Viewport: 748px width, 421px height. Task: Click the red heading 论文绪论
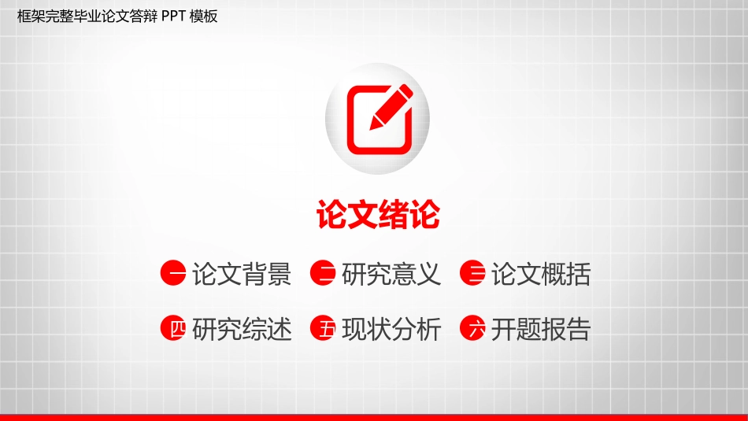point(378,215)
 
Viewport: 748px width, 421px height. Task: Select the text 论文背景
point(242,274)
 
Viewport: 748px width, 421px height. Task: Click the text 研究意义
point(391,274)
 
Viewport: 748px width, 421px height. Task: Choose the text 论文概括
point(541,274)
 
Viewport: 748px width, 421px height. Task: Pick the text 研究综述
point(242,329)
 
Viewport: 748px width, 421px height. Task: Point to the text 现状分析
point(391,329)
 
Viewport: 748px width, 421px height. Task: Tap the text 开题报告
point(541,329)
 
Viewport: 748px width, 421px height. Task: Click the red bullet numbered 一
point(173,273)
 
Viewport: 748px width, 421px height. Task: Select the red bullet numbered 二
point(323,273)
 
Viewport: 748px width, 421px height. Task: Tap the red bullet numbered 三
point(472,273)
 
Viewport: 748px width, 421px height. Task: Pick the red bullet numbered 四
point(173,328)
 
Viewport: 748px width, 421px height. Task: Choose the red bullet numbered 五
point(323,328)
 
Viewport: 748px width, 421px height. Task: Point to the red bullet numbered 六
point(472,328)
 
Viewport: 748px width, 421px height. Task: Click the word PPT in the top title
point(173,17)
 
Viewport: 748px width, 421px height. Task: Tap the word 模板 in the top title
point(204,17)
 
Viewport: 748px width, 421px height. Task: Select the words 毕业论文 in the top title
point(101,17)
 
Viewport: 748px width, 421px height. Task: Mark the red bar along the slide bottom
point(374,417)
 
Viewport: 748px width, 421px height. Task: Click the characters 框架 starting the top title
point(31,17)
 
